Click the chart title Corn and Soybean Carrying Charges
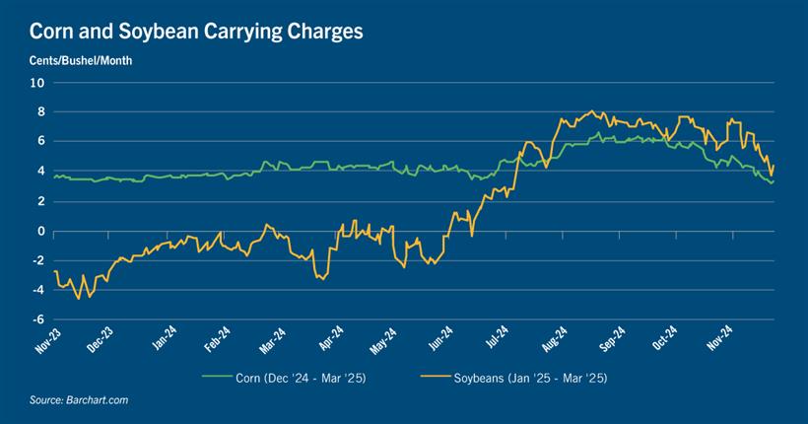tap(196, 31)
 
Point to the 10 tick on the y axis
tap(37, 83)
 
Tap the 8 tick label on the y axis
tap(40, 112)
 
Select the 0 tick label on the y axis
tap(40, 231)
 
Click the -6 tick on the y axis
tap(37, 319)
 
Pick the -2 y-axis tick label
tap(37, 260)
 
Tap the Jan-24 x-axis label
tap(164, 339)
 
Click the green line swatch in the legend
tap(216, 377)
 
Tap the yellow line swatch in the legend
tap(436, 377)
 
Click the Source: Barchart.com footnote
tap(79, 400)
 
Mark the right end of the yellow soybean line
tap(774, 165)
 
